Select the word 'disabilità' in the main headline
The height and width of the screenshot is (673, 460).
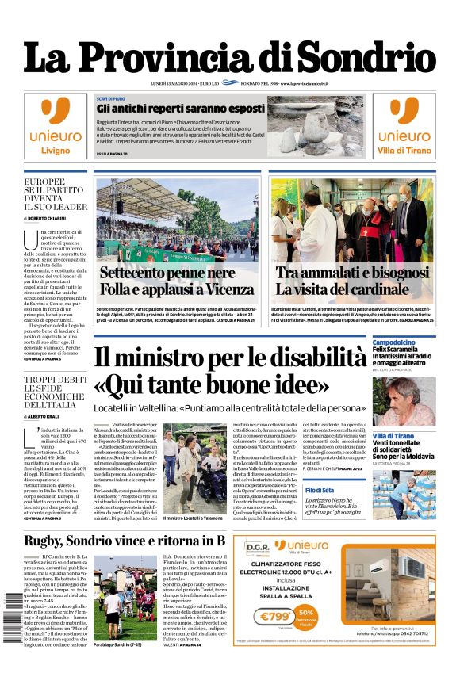(310, 358)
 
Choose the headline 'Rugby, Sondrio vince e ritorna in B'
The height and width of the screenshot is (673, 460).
(125, 541)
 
